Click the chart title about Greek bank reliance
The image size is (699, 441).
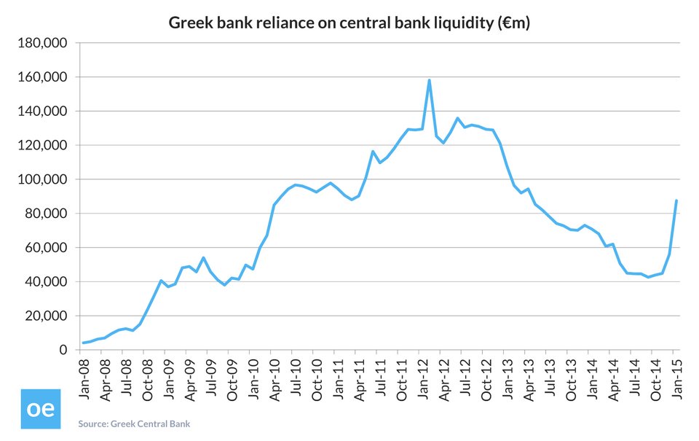(x=349, y=23)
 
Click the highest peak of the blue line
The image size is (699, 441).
(x=429, y=80)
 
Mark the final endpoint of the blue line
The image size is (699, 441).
(x=676, y=200)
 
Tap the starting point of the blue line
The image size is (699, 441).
(x=83, y=343)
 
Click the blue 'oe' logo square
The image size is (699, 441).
(x=41, y=409)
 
